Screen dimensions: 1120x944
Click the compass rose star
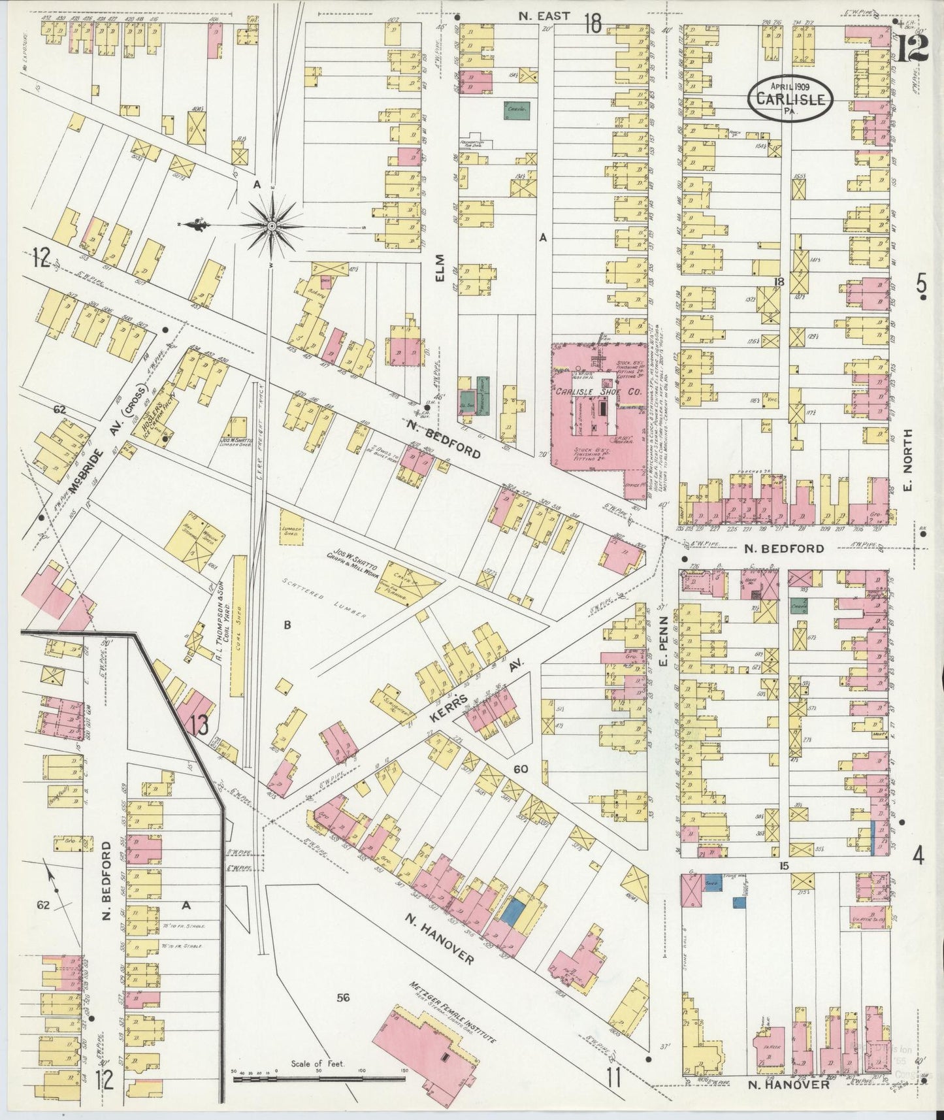[270, 225]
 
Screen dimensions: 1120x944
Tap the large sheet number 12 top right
[912, 48]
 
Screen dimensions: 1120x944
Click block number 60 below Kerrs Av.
[521, 769]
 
